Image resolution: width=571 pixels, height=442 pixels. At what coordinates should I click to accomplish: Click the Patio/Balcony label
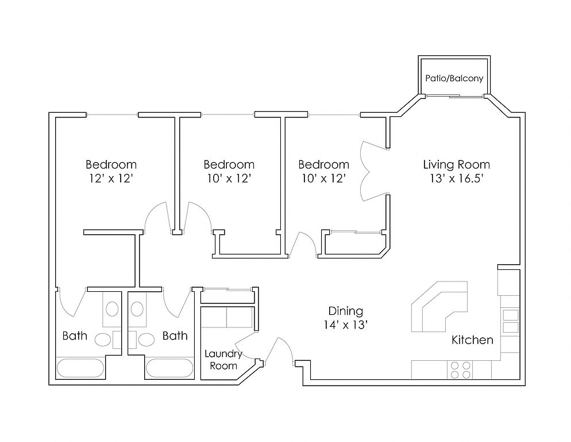pos(454,78)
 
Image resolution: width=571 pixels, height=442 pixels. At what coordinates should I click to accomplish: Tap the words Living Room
pos(456,165)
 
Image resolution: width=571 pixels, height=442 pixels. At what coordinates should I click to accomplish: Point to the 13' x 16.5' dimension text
pos(456,178)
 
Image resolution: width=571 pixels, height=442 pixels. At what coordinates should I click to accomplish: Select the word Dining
pos(346,311)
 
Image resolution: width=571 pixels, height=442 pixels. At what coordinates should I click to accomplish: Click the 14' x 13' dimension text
pos(346,325)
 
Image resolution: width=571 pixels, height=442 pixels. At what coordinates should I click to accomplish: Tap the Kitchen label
pos(472,340)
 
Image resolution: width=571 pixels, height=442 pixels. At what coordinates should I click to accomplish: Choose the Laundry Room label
pos(223,360)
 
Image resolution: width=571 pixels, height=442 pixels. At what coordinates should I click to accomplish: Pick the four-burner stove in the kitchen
pos(460,369)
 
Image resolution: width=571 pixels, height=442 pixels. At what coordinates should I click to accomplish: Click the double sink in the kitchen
pos(511,321)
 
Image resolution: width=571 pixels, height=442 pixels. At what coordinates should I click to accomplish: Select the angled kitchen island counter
pos(439,307)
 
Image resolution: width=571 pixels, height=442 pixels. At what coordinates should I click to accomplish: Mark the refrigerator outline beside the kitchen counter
pos(509,282)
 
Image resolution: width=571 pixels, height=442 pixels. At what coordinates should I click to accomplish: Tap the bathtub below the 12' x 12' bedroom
pos(80,368)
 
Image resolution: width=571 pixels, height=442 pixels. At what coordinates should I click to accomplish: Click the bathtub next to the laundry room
pos(169,368)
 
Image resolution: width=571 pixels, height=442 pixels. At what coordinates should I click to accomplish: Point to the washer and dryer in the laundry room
pos(227,318)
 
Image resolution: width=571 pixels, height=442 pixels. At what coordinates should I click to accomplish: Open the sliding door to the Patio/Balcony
pos(454,96)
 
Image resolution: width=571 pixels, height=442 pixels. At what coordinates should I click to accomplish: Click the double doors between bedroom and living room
pos(374,171)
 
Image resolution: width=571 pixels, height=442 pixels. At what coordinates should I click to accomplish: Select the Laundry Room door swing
pos(246,346)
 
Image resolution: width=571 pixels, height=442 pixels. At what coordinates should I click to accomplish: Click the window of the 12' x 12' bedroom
pos(112,115)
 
